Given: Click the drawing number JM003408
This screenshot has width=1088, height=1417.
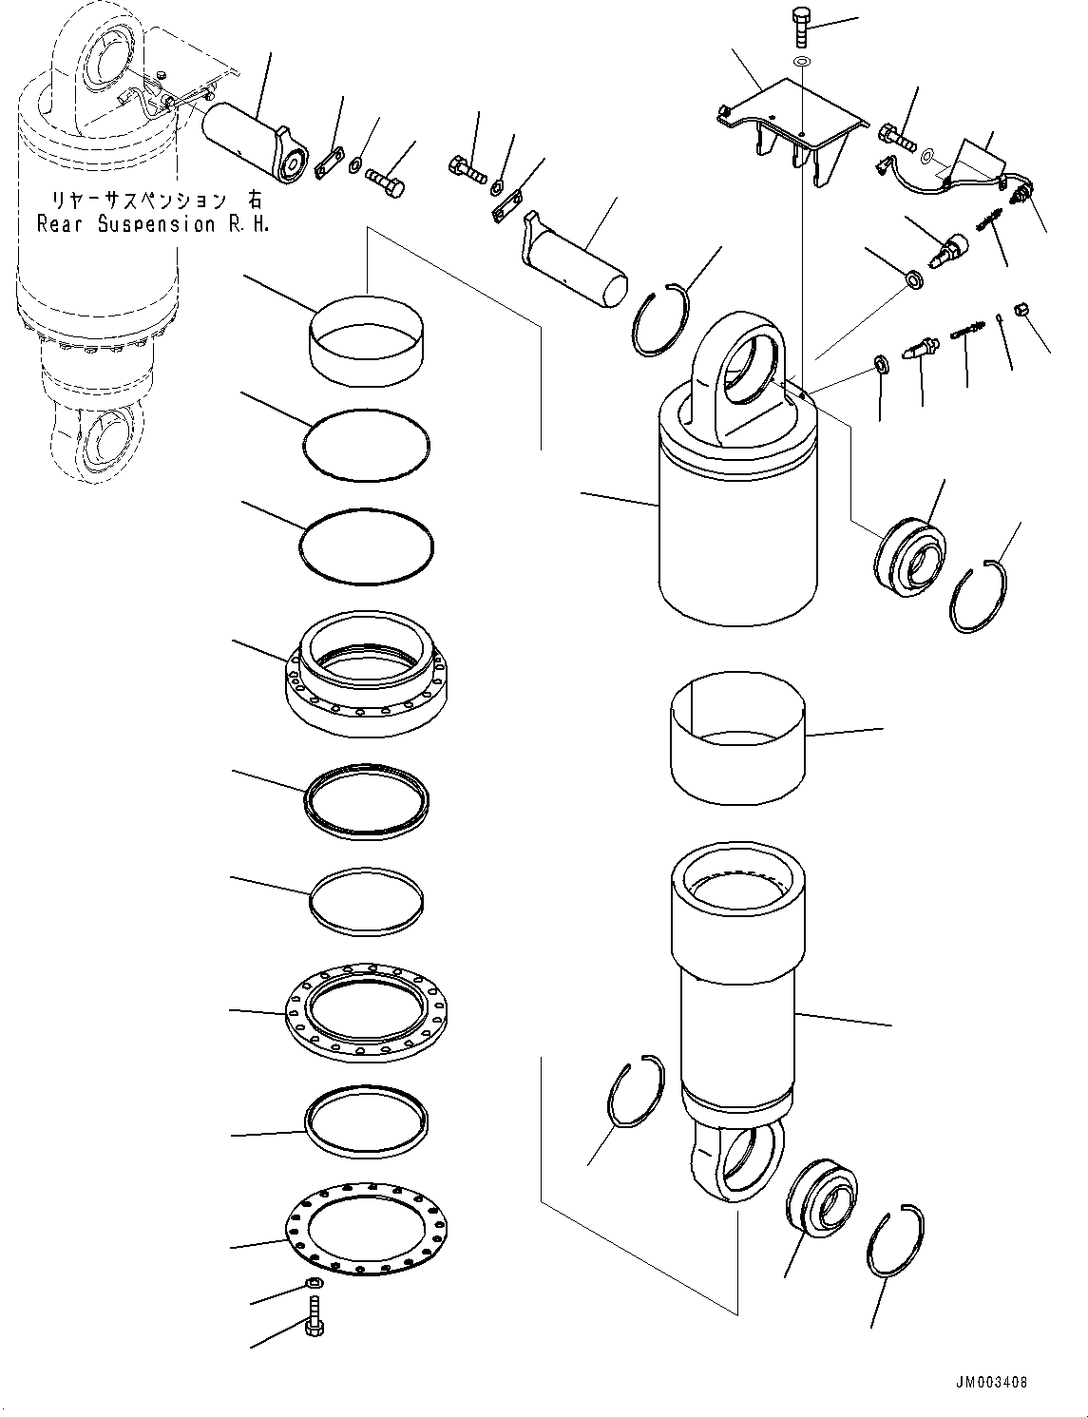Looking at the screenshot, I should [990, 1383].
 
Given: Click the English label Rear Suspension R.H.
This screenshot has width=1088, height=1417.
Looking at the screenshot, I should [152, 224].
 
